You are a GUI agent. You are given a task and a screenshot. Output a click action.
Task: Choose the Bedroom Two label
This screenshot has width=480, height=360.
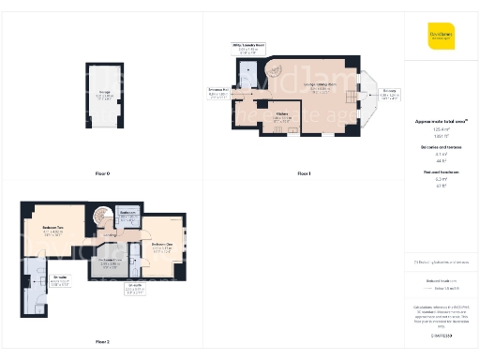(52, 231)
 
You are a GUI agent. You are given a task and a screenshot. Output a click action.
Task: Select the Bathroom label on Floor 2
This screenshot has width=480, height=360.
(129, 216)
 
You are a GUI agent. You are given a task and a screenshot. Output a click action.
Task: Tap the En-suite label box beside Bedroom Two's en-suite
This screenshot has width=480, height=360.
(58, 281)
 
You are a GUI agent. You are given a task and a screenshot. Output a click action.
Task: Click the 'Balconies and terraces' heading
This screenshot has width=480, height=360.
(441, 148)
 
